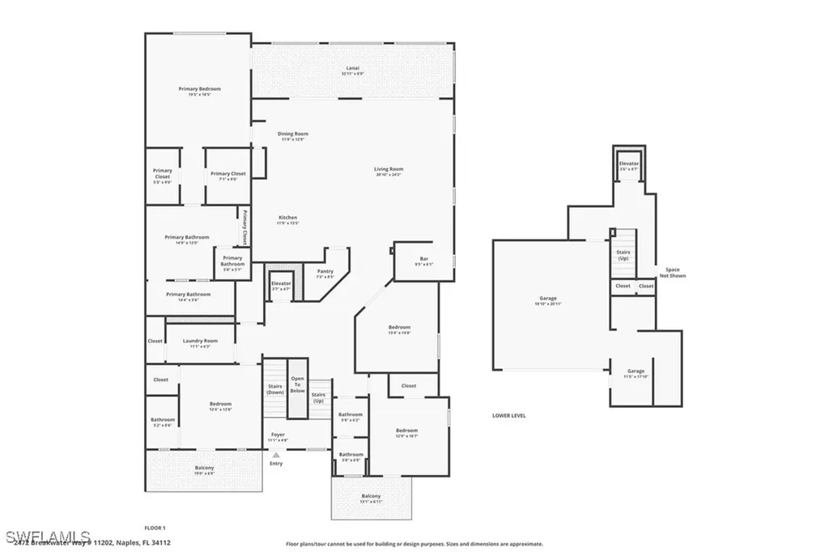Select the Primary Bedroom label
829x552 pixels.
pos(199,91)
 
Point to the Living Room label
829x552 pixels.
pos(389,171)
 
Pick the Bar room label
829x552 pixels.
pos(423,261)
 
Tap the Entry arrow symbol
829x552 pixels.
pos(276,456)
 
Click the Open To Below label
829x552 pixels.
pos(298,384)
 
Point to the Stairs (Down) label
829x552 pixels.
pos(275,389)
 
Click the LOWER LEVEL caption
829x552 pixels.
pos(508,415)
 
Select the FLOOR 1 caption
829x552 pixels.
pos(155,527)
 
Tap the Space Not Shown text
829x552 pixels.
pos(672,272)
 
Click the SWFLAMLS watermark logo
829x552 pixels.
pos(47,536)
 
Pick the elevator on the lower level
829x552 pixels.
pos(629,166)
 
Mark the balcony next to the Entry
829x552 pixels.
pos(204,470)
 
